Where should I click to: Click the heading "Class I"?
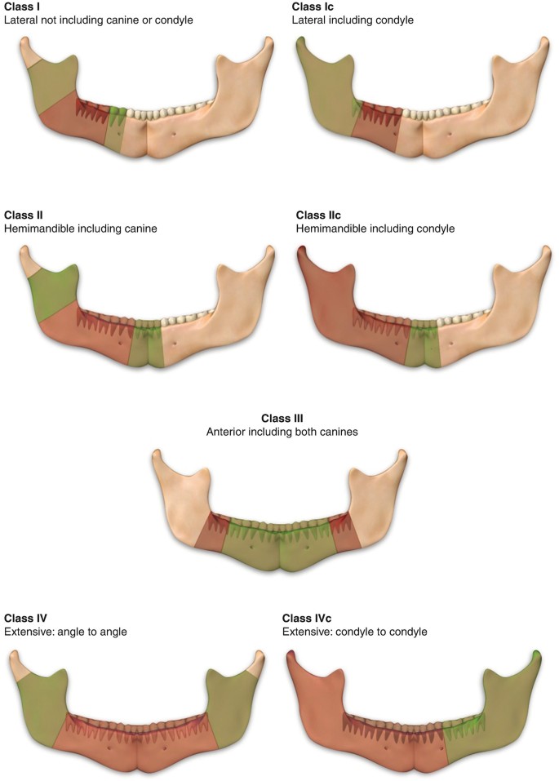pos(22,7)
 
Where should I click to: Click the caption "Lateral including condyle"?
pos(353,20)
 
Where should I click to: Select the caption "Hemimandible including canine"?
pos(80,229)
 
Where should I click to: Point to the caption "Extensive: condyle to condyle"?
pos(355,631)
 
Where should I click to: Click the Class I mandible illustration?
pos(147,102)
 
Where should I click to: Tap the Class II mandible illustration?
pos(147,314)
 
